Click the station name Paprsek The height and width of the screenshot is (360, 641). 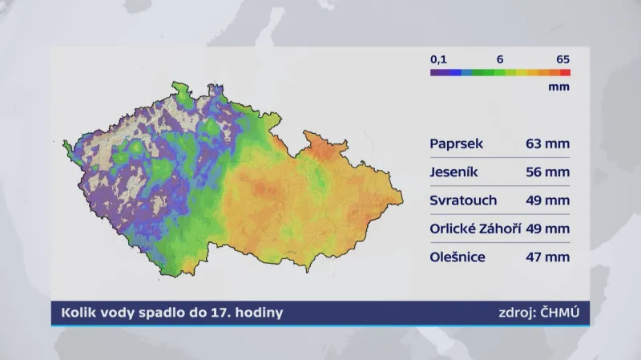coord(454,144)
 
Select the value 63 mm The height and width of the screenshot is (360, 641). coord(548,144)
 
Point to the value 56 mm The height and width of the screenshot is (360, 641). coord(548,172)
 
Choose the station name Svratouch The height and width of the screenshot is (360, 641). coord(463,200)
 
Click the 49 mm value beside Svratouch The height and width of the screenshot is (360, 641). coord(548,200)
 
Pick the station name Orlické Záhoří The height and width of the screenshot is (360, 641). coord(475,229)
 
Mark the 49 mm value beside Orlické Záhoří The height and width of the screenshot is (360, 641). coord(548,229)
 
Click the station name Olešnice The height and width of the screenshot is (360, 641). coord(458,257)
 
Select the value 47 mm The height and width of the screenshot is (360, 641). coord(548,257)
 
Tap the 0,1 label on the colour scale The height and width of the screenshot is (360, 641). coord(438,59)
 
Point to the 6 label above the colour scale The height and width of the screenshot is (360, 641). coord(499,59)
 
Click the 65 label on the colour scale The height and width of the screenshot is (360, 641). coord(562,59)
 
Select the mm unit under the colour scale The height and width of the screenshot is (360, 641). coord(559,87)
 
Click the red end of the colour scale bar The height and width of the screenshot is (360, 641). coord(566,72)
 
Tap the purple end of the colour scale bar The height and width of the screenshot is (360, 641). coord(434,72)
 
